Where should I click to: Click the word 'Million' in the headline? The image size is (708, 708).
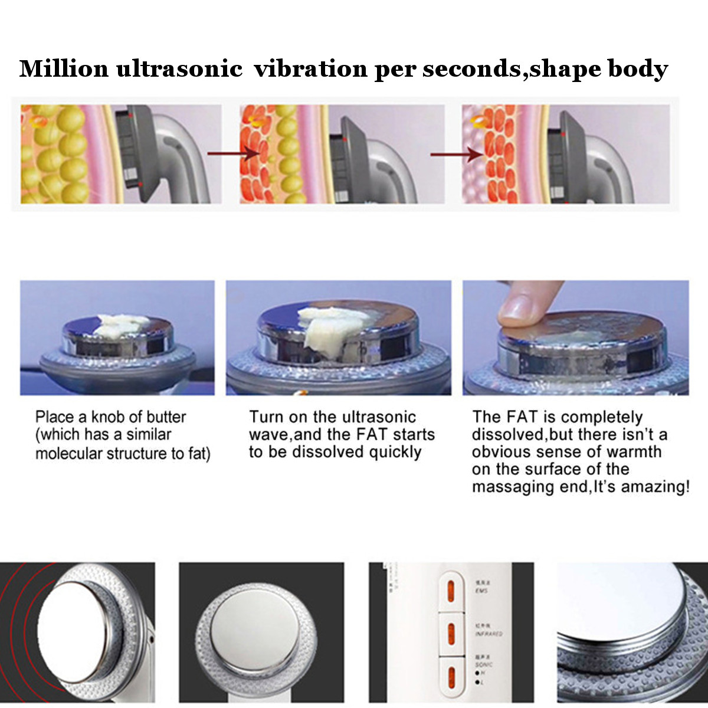pyautogui.click(x=64, y=69)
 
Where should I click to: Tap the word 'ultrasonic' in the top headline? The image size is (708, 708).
pyautogui.click(x=179, y=69)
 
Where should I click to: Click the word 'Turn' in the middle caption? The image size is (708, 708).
pyautogui.click(x=266, y=417)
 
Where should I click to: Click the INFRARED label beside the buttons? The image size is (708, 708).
pyautogui.click(x=489, y=634)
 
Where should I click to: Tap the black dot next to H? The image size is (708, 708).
pyautogui.click(x=477, y=673)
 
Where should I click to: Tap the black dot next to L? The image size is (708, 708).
pyautogui.click(x=477, y=683)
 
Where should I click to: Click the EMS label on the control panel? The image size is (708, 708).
pyautogui.click(x=481, y=591)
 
